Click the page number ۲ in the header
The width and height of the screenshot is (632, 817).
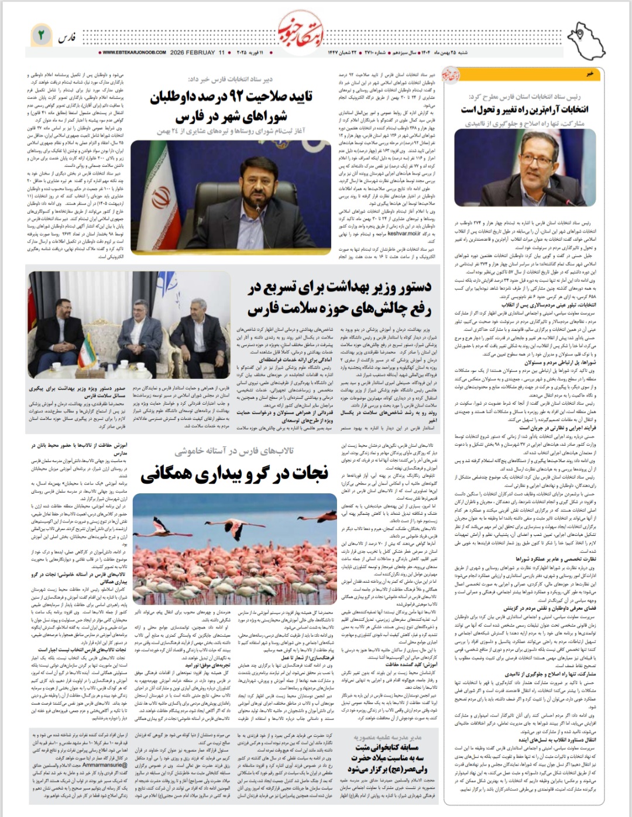click(x=41, y=35)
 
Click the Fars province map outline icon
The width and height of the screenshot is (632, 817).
click(x=588, y=37)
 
